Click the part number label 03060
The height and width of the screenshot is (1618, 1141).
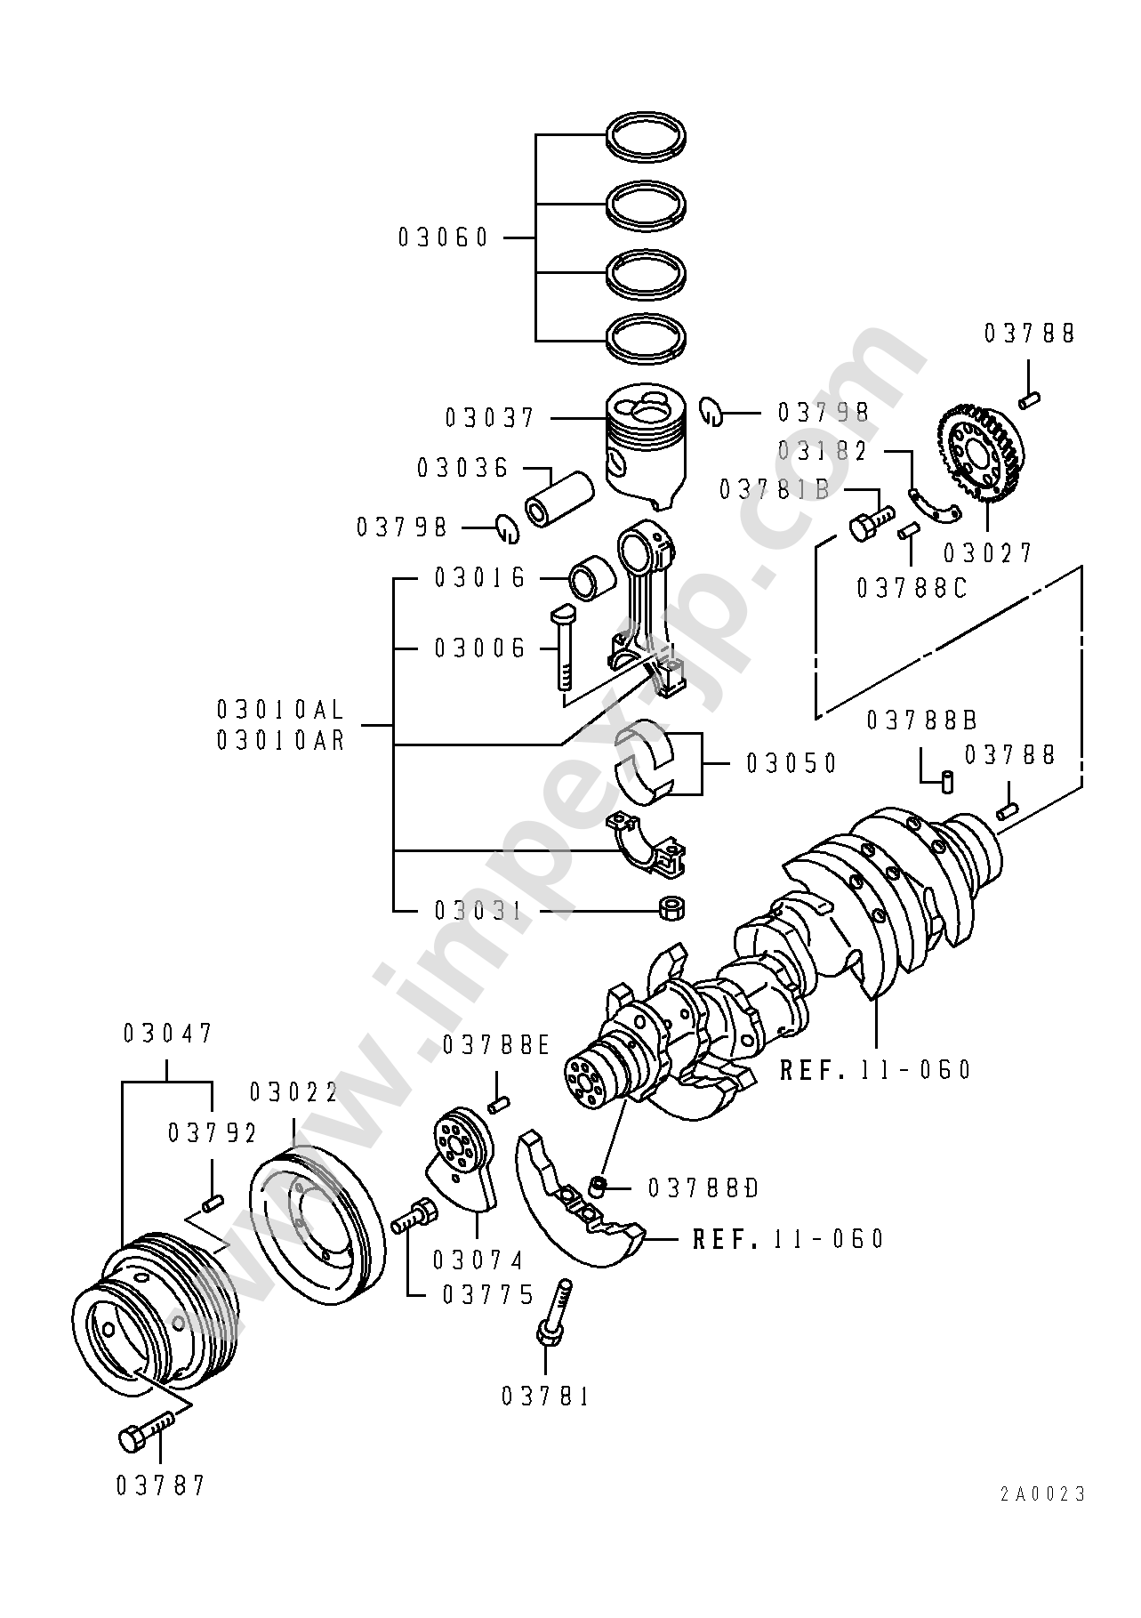click(444, 237)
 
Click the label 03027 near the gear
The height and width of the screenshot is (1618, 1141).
click(988, 553)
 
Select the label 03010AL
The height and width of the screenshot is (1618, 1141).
click(280, 710)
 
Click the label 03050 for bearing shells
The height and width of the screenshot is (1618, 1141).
click(791, 763)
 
